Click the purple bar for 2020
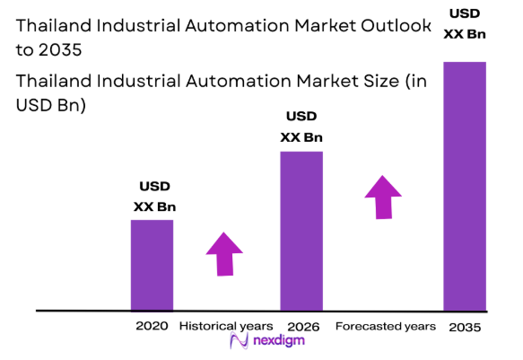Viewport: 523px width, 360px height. pyautogui.click(x=152, y=265)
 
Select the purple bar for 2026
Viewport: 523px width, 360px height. pyautogui.click(x=301, y=231)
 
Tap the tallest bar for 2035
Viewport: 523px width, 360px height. pyautogui.click(x=465, y=186)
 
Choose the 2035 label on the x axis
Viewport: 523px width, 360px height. pyautogui.click(x=465, y=327)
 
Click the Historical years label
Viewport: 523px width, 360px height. pyautogui.click(x=226, y=325)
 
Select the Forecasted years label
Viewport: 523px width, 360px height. pyautogui.click(x=385, y=325)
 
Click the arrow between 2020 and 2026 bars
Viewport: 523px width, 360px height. pyautogui.click(x=224, y=253)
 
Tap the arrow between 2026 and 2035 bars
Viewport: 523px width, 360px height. pyautogui.click(x=383, y=197)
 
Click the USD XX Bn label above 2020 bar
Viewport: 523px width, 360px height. pyautogui.click(x=154, y=197)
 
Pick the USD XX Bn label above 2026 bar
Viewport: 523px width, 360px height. pyautogui.click(x=301, y=127)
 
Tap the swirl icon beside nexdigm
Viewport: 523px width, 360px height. pyautogui.click(x=239, y=343)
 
